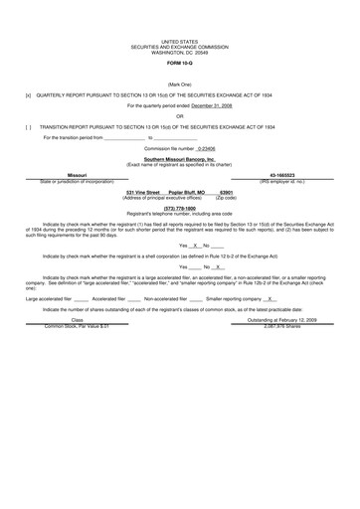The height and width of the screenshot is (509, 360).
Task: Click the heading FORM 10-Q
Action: pos(179,65)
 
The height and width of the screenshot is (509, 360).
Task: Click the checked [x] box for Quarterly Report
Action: pos(28,96)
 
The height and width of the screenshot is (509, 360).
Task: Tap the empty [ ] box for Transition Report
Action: pos(28,127)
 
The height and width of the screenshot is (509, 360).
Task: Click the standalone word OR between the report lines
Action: pos(179,116)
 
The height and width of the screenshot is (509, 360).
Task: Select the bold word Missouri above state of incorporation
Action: pos(77,175)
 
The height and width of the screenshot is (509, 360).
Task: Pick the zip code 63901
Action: pos(226,193)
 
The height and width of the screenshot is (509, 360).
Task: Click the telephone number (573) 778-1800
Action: pos(180,208)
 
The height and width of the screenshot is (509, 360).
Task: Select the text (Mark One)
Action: pos(179,85)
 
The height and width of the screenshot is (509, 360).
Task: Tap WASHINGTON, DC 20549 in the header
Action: pos(179,52)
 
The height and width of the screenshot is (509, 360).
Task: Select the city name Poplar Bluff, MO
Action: pos(187,193)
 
